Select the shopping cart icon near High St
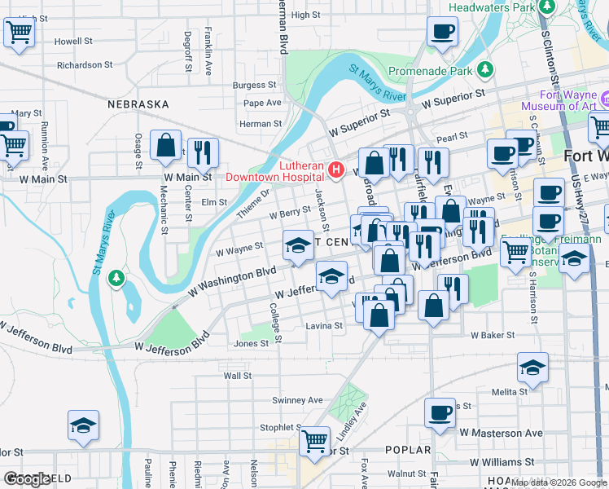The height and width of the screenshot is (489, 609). [19, 33]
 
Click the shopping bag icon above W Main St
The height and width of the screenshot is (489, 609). [165, 146]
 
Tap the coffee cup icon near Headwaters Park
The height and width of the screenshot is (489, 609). [442, 32]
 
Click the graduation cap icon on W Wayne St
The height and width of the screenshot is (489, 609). [298, 245]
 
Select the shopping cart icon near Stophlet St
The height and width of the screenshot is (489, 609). [314, 441]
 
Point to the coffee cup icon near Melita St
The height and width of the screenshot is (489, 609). [440, 412]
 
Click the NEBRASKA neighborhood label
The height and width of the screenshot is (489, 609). [138, 104]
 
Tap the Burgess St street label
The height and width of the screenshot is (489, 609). [255, 85]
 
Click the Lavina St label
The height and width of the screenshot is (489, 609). [324, 325]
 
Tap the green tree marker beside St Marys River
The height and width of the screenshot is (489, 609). [117, 279]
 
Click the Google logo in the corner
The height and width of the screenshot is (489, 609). [26, 479]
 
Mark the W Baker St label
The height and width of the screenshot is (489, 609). [493, 335]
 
